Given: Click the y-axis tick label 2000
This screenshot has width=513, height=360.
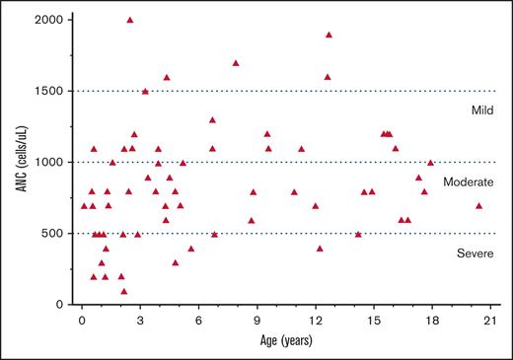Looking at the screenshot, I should [x=52, y=20].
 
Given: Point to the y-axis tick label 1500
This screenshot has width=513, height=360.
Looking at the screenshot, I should [x=52, y=91].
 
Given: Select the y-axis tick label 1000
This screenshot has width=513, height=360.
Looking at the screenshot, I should [x=52, y=162].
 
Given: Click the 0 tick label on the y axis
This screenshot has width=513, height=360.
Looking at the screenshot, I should [x=62, y=305].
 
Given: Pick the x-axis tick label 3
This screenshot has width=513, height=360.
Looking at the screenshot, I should [x=140, y=321].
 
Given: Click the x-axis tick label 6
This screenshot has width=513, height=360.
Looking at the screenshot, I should [x=198, y=321].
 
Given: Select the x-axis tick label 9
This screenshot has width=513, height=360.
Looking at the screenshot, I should [x=257, y=321].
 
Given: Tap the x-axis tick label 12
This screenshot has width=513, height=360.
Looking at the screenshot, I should [x=316, y=321].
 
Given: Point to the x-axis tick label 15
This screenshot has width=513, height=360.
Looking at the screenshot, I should [x=374, y=321].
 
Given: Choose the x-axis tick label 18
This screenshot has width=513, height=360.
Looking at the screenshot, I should [x=432, y=321].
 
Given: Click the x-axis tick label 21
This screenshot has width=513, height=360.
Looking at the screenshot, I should [x=490, y=321].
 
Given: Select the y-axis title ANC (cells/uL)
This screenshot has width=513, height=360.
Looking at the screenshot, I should [x=19, y=163].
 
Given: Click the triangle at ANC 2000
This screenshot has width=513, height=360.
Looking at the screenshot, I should [x=130, y=20].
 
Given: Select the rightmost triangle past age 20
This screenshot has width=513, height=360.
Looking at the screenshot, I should [x=478, y=205].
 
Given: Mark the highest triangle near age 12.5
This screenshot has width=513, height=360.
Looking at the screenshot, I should [x=329, y=35].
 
